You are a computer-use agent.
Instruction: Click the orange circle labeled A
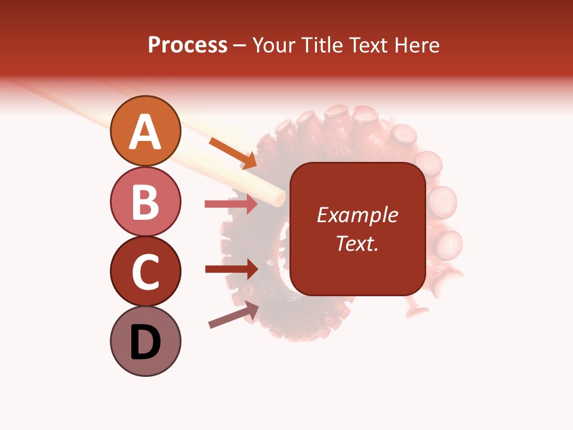pos(145,131)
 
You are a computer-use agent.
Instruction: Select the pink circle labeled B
pos(145,202)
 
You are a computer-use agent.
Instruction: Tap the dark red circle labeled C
pos(145,272)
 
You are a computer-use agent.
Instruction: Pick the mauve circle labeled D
pos(145,342)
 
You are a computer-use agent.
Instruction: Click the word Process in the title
pos(187,45)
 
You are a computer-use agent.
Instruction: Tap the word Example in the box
pos(358,215)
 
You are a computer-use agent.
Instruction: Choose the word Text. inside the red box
pos(358,243)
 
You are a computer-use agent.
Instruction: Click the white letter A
pos(145,132)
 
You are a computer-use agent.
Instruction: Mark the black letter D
pos(145,342)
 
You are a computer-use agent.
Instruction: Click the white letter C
pos(145,272)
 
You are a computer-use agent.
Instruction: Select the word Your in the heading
pos(274,45)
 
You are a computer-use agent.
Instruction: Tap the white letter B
pos(145,202)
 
